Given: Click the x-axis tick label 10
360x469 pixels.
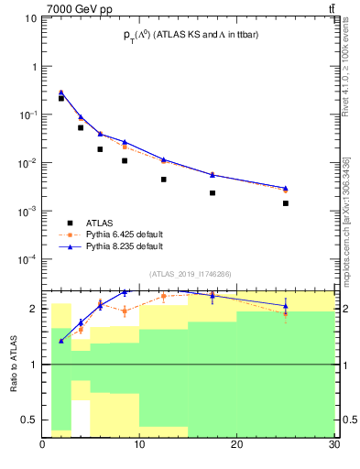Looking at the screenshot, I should (x=139, y=446).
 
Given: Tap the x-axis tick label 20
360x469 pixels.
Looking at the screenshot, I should (x=236, y=446).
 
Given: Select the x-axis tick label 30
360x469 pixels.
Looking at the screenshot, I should (x=333, y=446).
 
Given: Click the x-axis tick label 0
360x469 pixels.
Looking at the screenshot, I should (x=43, y=446).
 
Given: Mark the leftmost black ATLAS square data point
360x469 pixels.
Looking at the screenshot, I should (x=61, y=98).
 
